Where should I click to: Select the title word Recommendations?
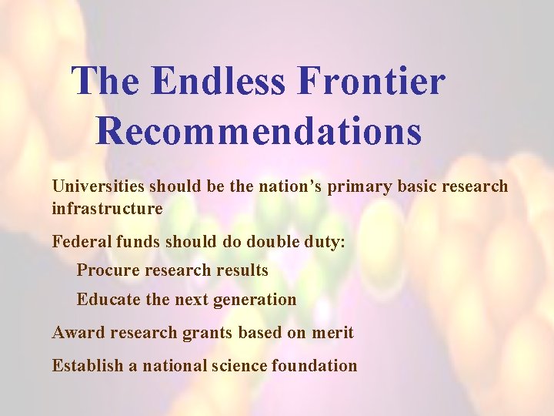coord(259,129)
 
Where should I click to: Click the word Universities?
coord(98,186)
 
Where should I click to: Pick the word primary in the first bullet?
coord(355,187)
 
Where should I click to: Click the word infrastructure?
coord(107,209)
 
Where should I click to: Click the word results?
coord(242,270)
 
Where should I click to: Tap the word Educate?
coord(108,300)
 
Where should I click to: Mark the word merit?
coord(332,333)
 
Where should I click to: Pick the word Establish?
coord(87,366)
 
